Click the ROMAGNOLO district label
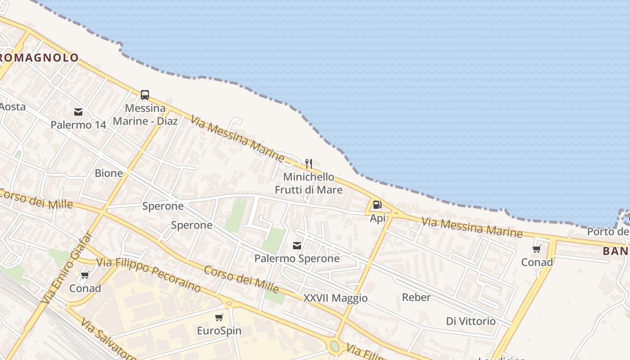click(40, 58)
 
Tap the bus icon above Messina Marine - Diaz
click(144, 95)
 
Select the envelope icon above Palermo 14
click(78, 112)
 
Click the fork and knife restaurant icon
click(308, 163)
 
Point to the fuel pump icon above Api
click(377, 205)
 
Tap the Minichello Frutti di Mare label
click(309, 183)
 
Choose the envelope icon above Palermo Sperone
click(297, 245)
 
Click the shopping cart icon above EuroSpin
click(219, 318)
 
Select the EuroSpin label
click(219, 331)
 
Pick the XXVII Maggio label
click(335, 298)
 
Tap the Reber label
click(416, 297)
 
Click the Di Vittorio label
click(471, 321)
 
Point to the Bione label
click(108, 173)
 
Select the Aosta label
click(12, 107)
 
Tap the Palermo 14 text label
click(78, 125)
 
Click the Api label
click(378, 218)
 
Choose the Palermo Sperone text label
click(297, 258)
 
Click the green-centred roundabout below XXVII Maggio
click(334, 346)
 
